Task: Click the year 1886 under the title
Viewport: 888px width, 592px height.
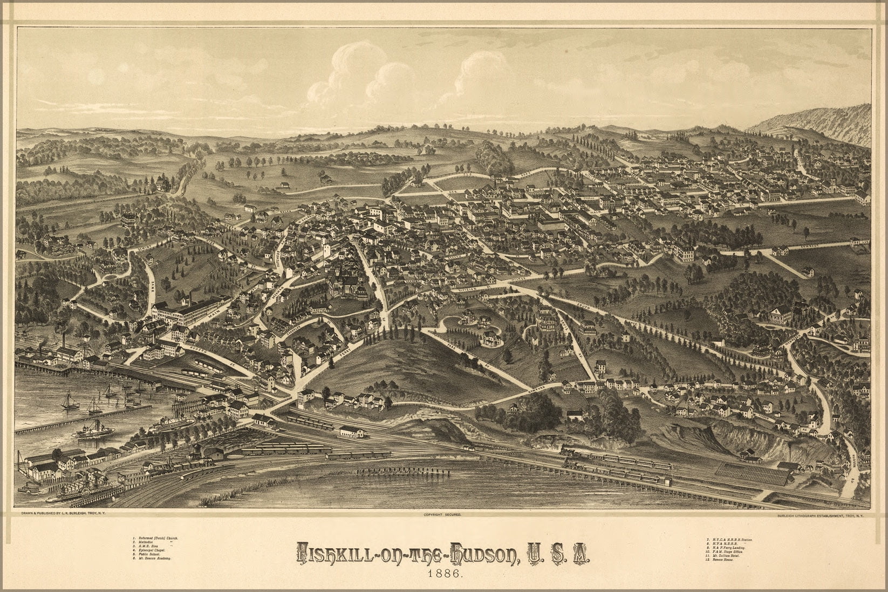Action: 443,572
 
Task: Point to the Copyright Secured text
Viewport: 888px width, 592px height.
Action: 443,515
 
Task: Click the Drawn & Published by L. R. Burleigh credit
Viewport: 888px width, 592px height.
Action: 63,515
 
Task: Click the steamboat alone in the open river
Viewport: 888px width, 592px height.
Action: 95,431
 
